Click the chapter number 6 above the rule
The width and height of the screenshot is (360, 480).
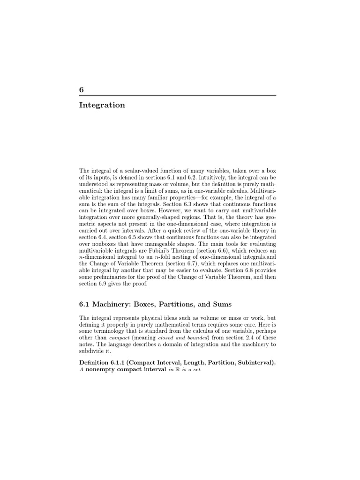click(82, 90)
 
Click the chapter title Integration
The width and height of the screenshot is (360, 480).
click(102, 105)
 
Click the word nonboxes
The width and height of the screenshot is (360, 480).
click(99, 245)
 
